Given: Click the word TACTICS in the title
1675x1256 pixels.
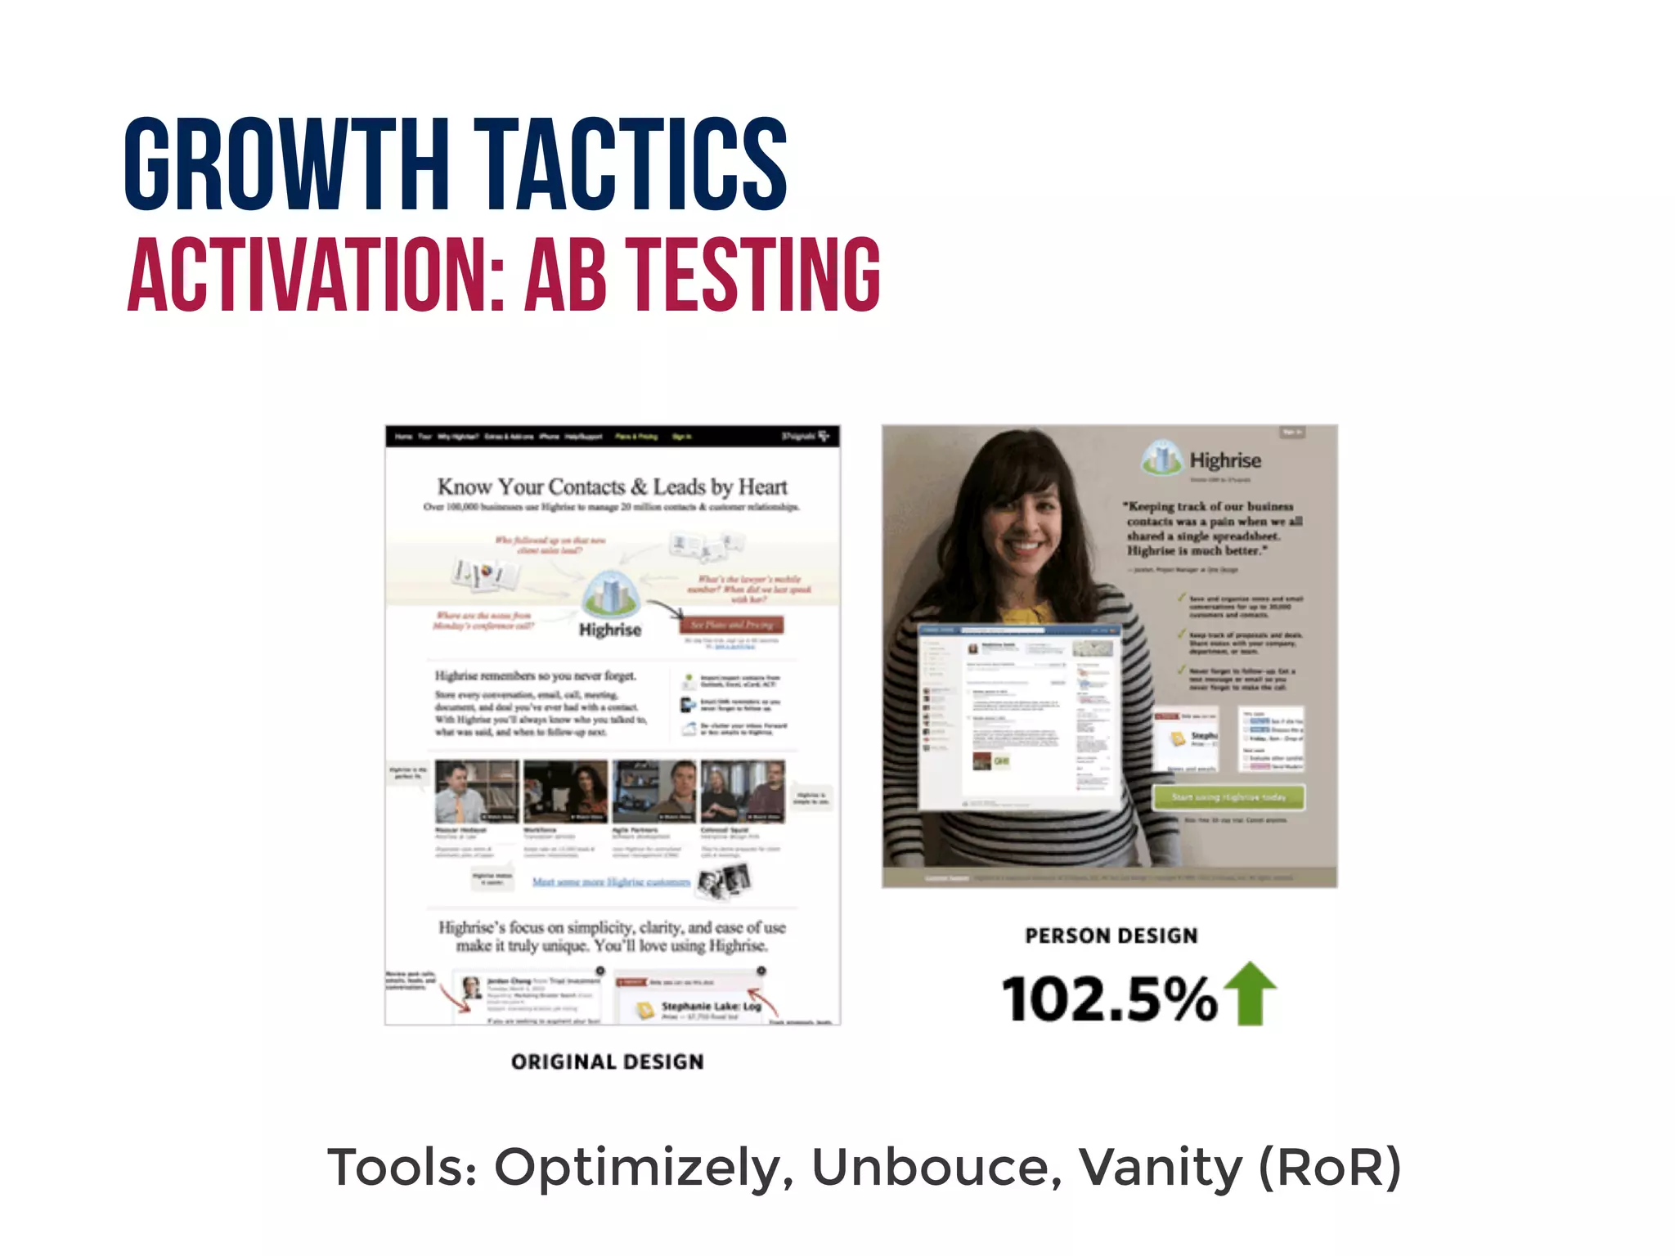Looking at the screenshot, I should [x=630, y=164].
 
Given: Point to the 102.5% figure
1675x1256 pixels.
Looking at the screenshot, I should [x=1110, y=999].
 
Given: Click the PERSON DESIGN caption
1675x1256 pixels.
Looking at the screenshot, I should [x=1111, y=935].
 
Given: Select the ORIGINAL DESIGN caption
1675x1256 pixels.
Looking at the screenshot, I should [x=607, y=1061].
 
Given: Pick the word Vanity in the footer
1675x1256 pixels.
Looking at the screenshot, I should [x=1161, y=1167].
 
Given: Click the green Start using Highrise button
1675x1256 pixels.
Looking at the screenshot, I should [x=1228, y=796].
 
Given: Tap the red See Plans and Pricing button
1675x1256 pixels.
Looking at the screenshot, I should [x=731, y=625].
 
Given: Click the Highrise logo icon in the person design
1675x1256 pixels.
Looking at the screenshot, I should [x=1162, y=459].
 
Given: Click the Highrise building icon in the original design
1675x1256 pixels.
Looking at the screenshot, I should [x=609, y=593].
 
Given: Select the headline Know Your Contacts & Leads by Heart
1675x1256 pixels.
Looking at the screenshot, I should [x=612, y=487].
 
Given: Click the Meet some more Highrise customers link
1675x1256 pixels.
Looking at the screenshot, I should [x=611, y=881].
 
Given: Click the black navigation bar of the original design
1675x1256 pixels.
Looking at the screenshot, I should [x=612, y=436].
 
